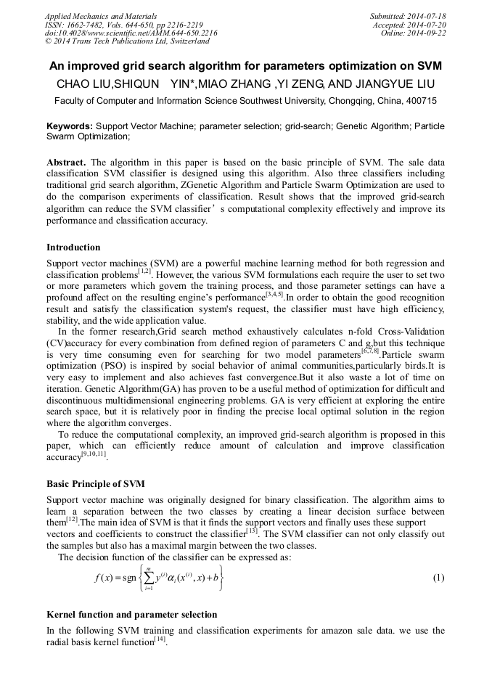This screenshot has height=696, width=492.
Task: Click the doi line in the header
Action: [x=131, y=33]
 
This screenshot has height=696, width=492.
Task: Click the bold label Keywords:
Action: [x=70, y=126]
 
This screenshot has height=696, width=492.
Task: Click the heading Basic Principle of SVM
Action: [x=95, y=483]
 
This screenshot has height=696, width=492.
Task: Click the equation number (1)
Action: [x=438, y=578]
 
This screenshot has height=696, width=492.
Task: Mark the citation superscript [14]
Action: [x=160, y=639]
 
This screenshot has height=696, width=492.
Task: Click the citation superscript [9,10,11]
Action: [x=92, y=454]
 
